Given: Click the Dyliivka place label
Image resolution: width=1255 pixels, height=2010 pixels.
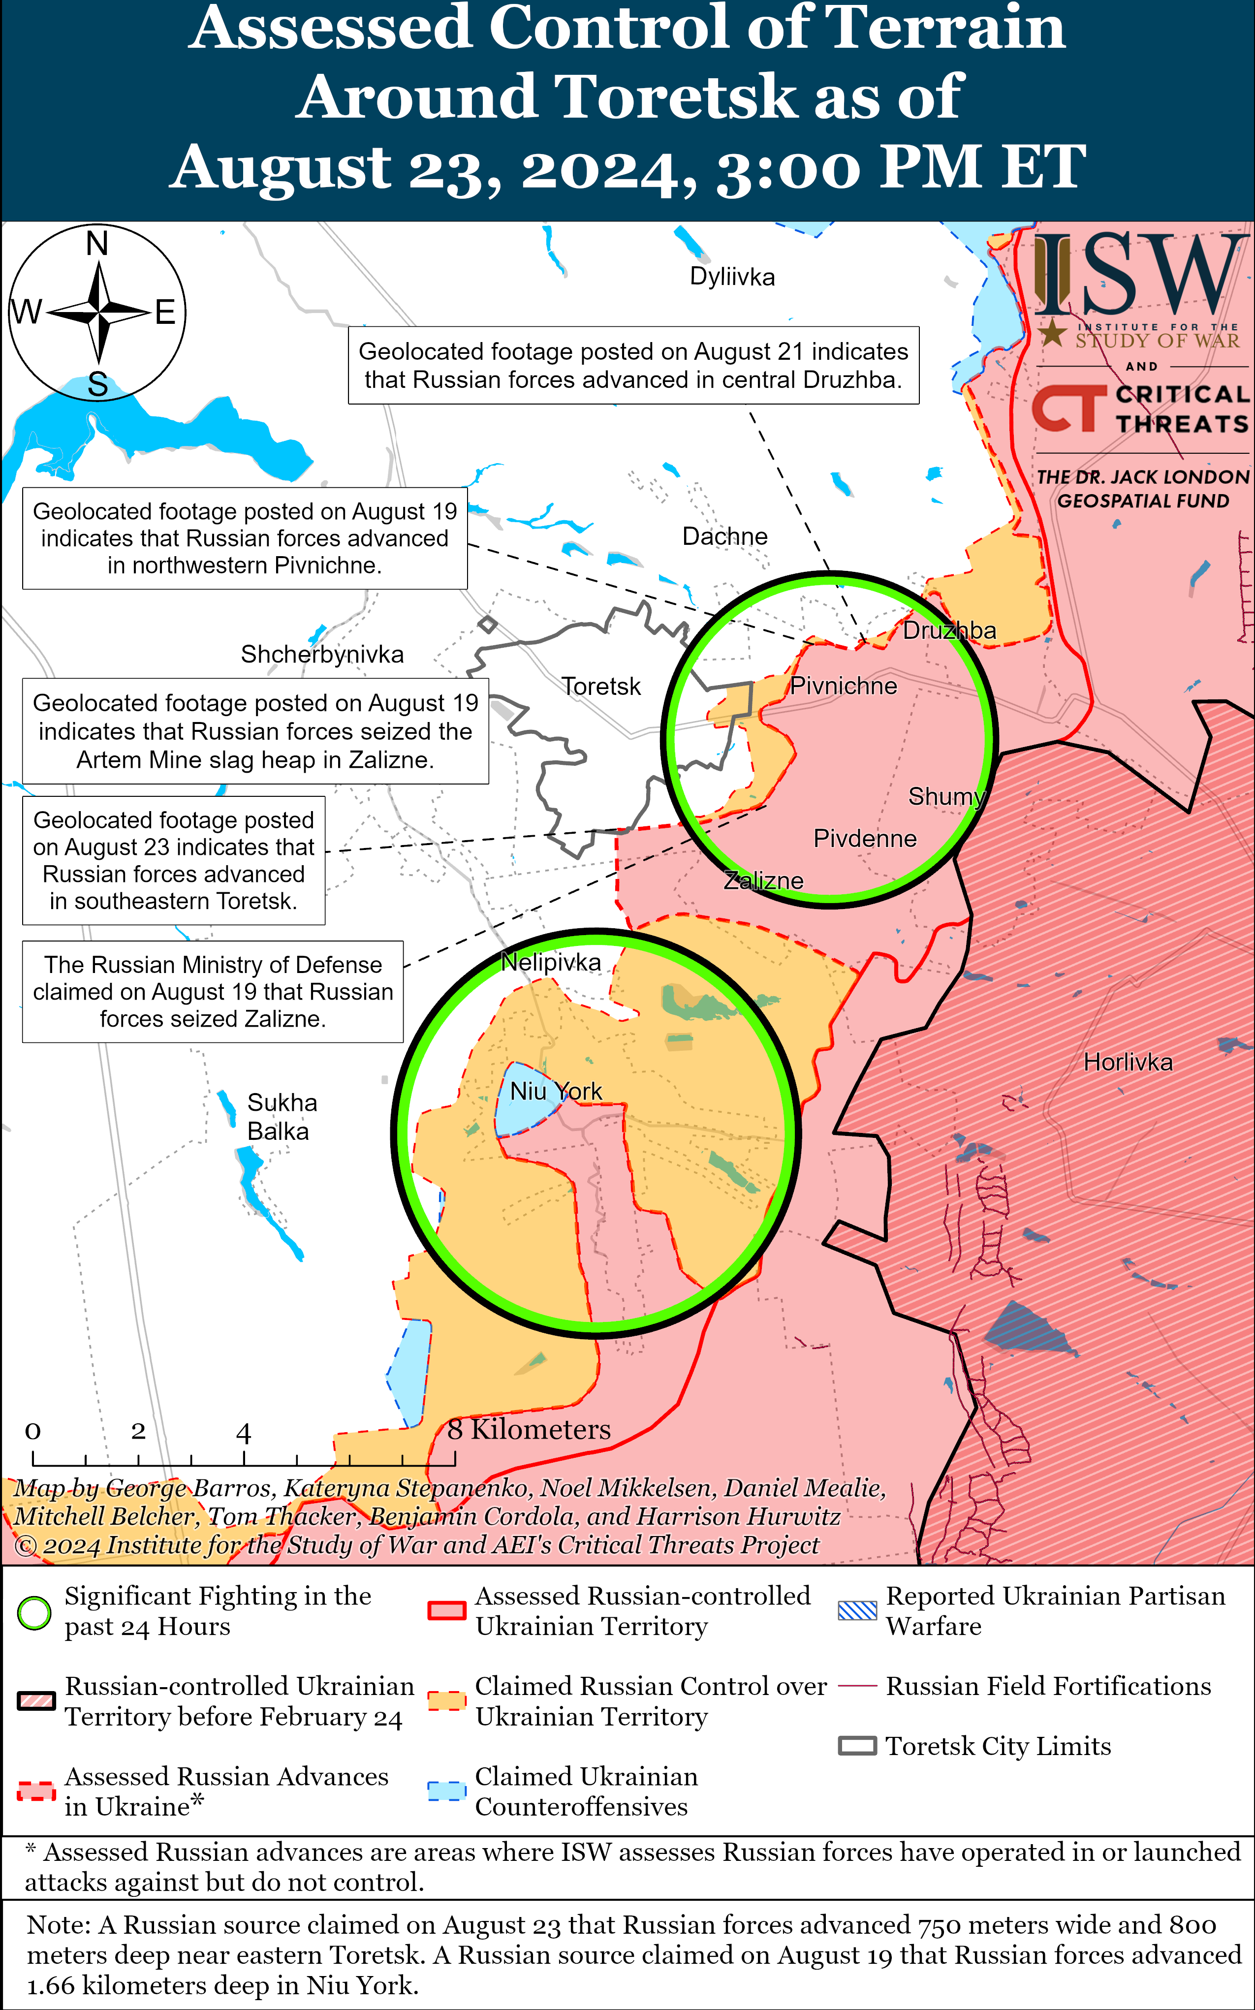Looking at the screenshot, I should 732,277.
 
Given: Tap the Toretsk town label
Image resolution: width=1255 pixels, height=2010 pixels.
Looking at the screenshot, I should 601,686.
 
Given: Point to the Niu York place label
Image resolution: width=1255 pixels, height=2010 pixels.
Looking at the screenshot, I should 555,1091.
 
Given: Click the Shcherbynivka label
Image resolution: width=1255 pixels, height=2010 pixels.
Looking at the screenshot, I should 322,654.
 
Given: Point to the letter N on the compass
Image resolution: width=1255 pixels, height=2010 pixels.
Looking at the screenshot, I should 97,244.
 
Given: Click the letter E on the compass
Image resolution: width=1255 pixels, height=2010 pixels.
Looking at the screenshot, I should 165,313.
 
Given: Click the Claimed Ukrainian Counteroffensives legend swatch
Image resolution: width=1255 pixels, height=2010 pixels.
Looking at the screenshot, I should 446,1791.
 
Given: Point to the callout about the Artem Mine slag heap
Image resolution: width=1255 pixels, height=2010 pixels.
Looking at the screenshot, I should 255,731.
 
